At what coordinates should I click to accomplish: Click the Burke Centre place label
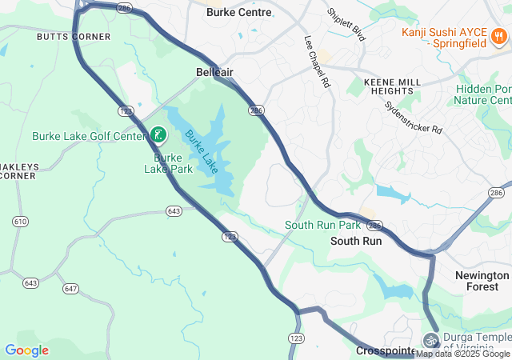238,13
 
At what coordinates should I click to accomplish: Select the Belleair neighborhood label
214,72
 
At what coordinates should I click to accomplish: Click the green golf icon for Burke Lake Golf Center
158,134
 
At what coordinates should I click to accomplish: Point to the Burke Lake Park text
168,163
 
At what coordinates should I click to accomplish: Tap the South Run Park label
322,226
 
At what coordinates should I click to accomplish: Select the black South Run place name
356,241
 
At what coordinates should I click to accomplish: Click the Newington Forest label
482,281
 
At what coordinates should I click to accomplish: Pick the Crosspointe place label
385,351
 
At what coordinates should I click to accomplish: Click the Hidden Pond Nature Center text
482,94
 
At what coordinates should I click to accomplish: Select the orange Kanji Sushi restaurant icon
498,35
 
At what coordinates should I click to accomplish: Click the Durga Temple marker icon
431,340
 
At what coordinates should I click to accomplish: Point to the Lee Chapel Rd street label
317,61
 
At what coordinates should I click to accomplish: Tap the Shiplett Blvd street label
346,26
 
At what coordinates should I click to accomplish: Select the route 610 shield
21,221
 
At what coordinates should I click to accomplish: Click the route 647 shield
70,288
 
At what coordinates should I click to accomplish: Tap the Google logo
26,350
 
